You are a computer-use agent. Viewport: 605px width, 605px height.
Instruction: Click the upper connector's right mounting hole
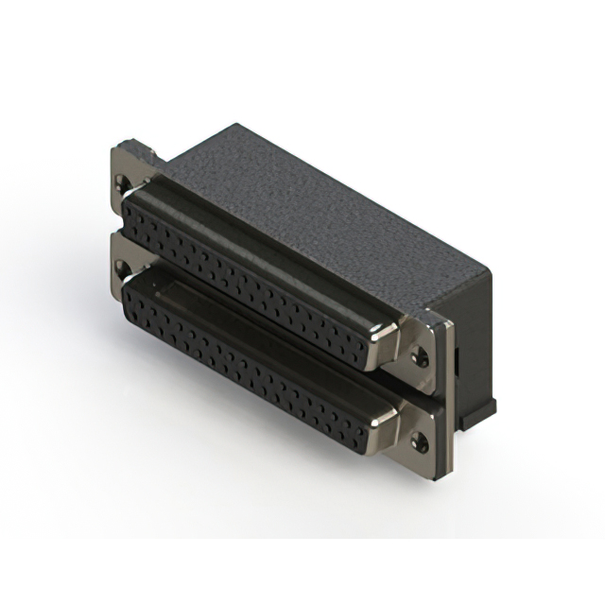(x=421, y=358)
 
